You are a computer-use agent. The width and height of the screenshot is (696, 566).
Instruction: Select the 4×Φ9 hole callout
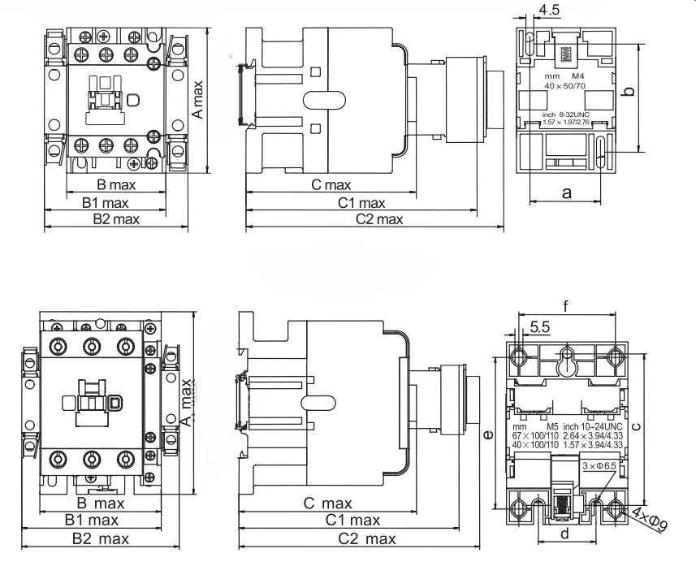[651, 521]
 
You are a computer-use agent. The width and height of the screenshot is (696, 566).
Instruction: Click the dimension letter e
[486, 436]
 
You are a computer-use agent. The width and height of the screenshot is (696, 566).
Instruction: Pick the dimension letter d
[564, 534]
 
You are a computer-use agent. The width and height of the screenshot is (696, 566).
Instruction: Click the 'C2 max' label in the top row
[379, 219]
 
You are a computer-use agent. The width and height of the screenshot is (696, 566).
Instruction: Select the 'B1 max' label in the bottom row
[92, 521]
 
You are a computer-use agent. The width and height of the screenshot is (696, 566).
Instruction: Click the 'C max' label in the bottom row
[328, 503]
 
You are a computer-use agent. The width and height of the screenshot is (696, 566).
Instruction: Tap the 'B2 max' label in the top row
[115, 219]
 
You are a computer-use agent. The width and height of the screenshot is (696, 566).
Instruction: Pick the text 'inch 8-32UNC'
[566, 115]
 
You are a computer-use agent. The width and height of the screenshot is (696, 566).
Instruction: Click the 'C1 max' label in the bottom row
[352, 521]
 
